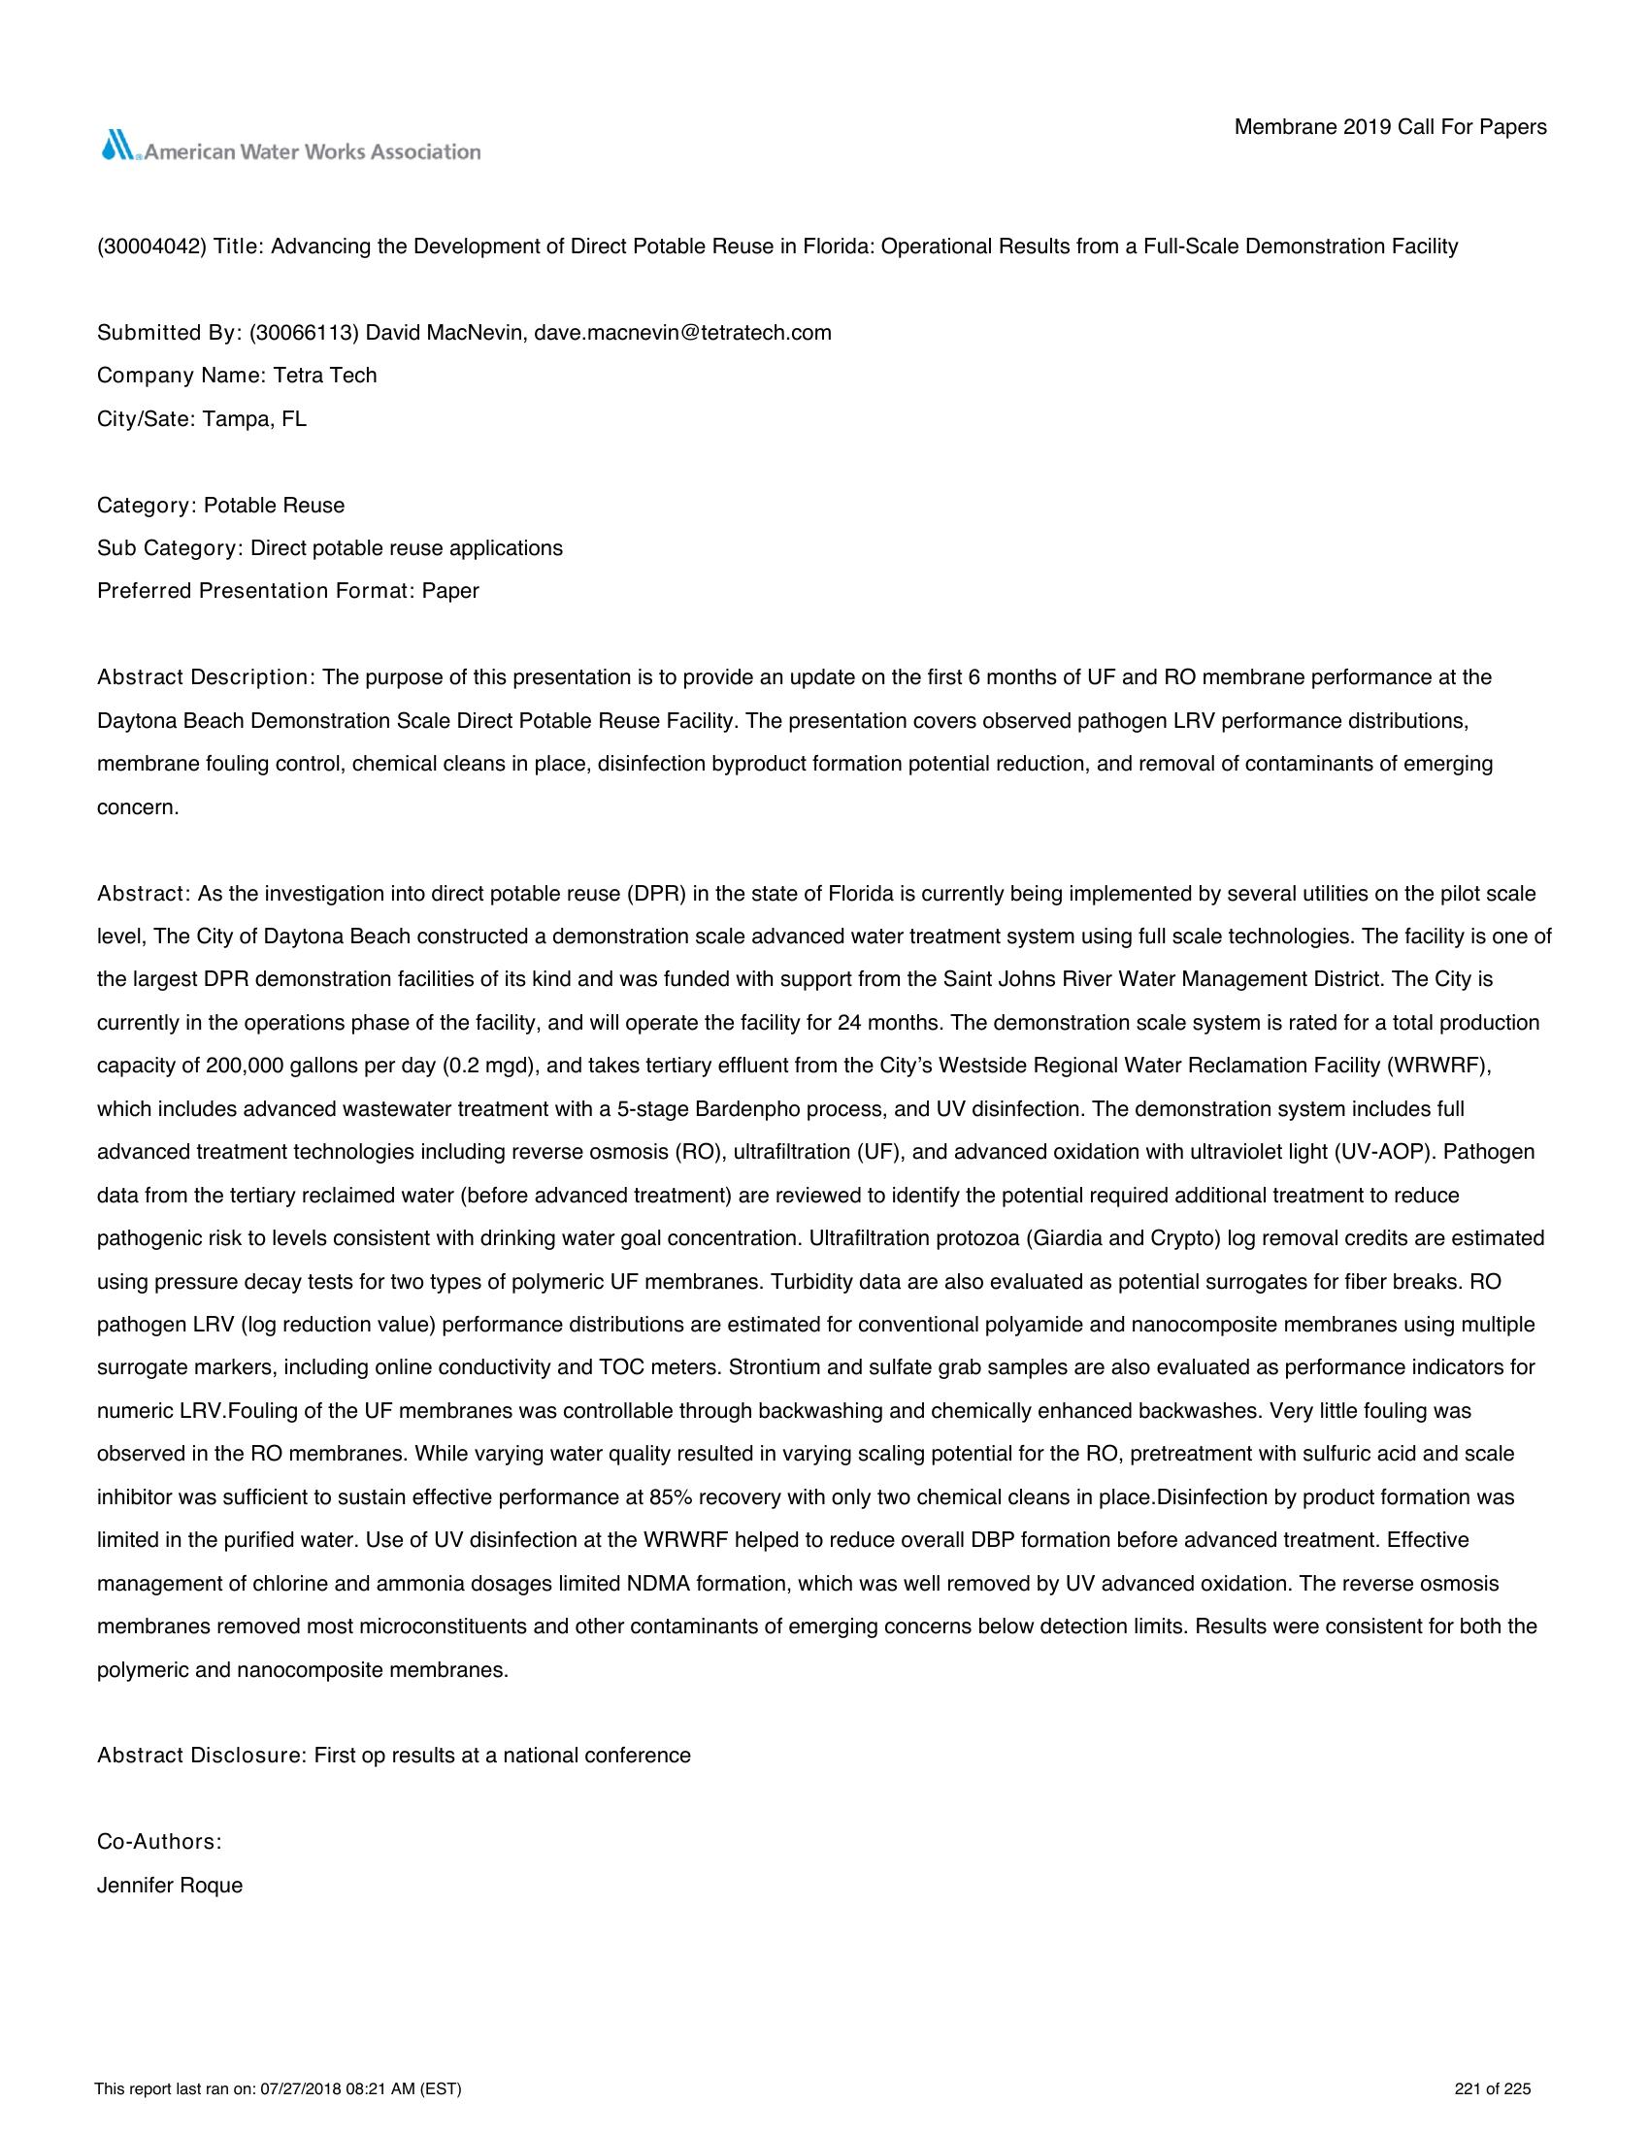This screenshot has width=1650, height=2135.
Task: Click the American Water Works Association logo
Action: (x=290, y=148)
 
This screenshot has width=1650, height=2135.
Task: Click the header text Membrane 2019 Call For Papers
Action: (x=1390, y=127)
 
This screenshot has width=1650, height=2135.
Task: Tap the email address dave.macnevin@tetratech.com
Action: (x=682, y=332)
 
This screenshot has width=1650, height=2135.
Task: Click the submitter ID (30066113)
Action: (x=305, y=332)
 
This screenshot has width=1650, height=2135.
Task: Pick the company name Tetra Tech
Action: (x=325, y=376)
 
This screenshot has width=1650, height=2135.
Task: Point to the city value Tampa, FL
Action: (x=254, y=419)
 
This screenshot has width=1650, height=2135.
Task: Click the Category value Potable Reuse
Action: (x=275, y=506)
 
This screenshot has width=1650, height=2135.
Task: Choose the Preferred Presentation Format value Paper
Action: (x=450, y=591)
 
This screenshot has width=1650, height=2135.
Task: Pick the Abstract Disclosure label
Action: (x=202, y=1756)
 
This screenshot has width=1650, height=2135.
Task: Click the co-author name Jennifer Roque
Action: (x=170, y=1886)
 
